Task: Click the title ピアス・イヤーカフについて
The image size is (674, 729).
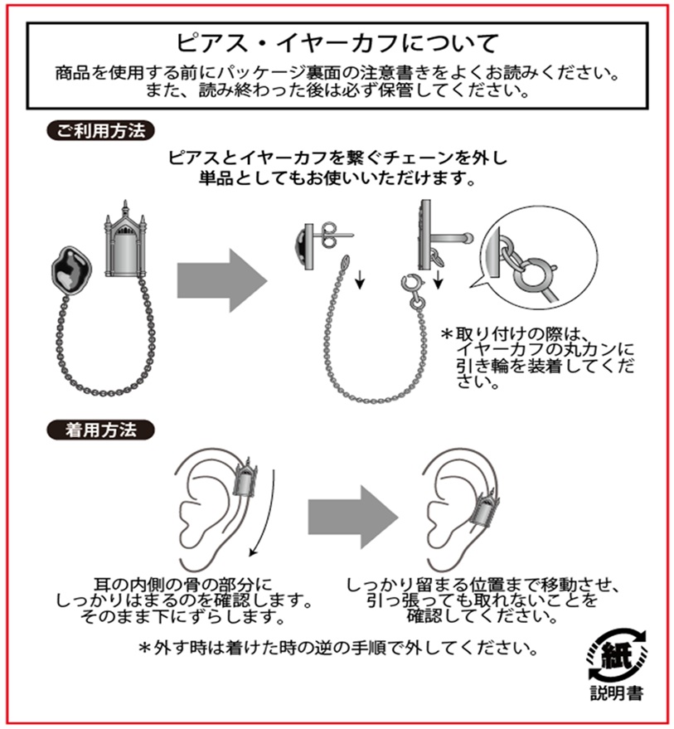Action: pos(337,43)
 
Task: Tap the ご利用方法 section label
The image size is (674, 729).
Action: pos(100,131)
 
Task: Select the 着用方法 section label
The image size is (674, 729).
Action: pos(100,430)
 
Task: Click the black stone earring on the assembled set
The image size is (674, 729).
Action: pos(71,270)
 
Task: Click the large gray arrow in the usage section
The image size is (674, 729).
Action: pos(222,279)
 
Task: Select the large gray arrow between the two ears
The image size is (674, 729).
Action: pos(353,517)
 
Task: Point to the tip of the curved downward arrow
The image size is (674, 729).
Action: pos(250,556)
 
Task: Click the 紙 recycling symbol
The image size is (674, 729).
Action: pos(616,654)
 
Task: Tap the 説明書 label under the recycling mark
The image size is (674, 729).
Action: pos(617,693)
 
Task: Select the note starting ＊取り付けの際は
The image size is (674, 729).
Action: pos(537,357)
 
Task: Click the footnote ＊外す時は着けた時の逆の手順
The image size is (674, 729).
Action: pos(338,647)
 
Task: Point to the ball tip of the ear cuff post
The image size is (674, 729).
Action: pos(468,238)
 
